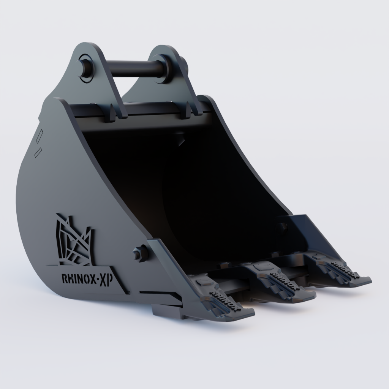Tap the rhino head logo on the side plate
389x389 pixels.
pos(74,241)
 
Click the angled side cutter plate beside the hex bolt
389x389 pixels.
pos(167,266)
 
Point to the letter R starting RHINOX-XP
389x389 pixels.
pos(64,279)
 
